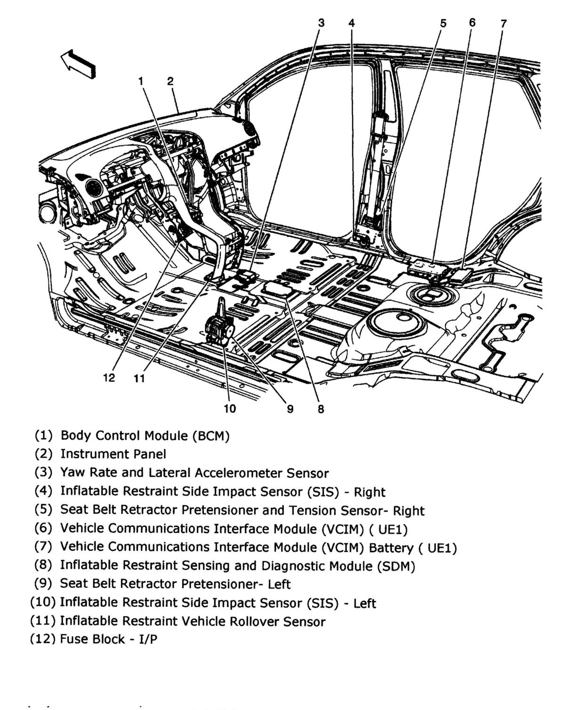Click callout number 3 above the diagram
click(x=321, y=22)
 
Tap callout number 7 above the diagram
click(x=503, y=23)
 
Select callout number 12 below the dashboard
click(x=109, y=377)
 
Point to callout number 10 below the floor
click(x=229, y=408)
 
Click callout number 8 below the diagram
click(x=321, y=408)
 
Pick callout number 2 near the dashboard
click(x=170, y=81)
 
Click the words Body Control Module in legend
click(x=125, y=435)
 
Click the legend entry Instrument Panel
click(x=113, y=454)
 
